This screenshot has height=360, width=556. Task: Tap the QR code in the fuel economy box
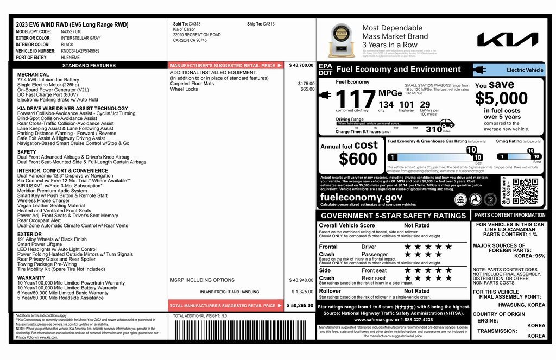526,191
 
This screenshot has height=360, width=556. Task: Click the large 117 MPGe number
355,99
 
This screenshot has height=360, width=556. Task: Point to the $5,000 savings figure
501,98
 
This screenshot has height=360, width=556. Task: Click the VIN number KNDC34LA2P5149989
80,50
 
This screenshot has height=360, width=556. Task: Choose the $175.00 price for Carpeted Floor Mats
306,84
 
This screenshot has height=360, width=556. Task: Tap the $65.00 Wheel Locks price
307,89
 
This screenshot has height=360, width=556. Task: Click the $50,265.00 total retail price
300,306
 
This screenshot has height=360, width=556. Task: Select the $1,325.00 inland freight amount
302,292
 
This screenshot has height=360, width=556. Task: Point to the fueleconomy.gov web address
361,198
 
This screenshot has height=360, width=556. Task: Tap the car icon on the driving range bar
447,123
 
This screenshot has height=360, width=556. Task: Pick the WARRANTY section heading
31,277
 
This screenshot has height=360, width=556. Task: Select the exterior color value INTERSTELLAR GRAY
80,38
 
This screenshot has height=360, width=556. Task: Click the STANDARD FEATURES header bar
89,65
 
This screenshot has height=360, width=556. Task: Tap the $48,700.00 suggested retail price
301,65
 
